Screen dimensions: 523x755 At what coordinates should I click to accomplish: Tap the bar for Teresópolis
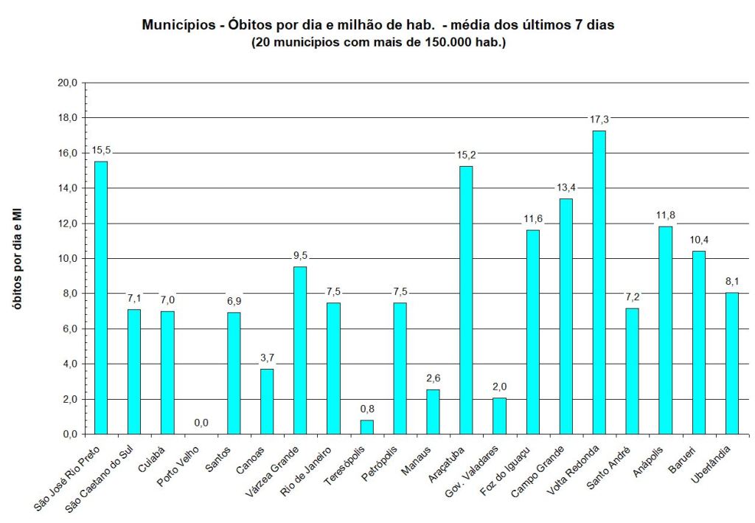[366, 427]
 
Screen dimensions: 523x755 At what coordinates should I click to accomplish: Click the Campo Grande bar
[566, 316]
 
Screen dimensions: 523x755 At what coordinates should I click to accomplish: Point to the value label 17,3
[599, 119]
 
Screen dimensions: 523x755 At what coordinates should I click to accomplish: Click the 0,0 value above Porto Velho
[201, 423]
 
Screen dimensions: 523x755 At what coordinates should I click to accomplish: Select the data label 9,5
[299, 255]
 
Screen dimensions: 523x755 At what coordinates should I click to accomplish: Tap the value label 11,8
[665, 215]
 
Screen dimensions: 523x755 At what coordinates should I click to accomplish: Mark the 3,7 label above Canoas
[266, 358]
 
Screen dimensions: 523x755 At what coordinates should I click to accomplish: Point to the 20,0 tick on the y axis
[67, 83]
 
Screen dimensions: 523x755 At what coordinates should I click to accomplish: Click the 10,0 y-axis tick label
[67, 259]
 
